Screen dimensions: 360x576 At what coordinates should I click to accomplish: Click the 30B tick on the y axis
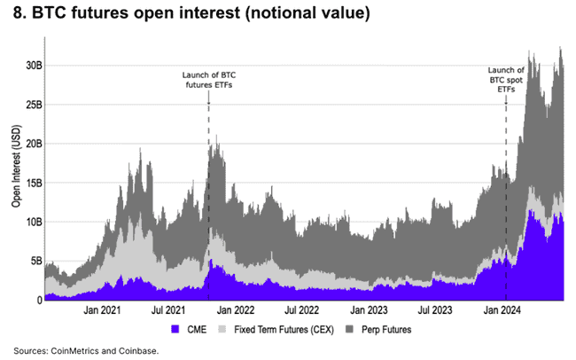32,66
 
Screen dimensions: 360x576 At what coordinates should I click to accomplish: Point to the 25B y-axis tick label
32,105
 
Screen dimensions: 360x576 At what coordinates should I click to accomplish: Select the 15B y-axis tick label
32,183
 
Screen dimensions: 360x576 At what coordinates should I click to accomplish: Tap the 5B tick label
35,261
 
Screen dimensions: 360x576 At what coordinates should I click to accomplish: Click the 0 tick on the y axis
38,301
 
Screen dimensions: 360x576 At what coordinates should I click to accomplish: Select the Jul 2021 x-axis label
168,311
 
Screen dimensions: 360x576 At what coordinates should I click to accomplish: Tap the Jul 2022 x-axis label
302,311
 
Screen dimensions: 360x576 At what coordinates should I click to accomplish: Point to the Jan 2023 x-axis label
370,311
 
